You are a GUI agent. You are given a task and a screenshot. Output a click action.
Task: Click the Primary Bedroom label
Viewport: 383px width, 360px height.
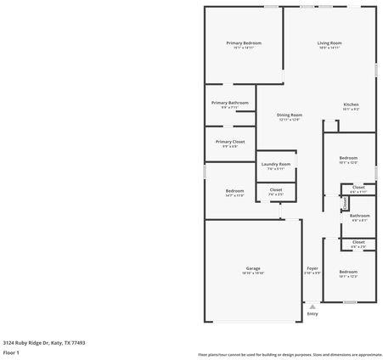click(243, 42)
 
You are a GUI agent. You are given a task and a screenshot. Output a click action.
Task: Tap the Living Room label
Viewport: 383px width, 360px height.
click(329, 42)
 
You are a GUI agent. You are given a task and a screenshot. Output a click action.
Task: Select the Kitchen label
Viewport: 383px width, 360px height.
click(351, 104)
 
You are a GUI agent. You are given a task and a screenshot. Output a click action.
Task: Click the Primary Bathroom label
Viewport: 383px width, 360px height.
click(229, 103)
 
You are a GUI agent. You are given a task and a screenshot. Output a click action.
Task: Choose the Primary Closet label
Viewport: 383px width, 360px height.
click(229, 142)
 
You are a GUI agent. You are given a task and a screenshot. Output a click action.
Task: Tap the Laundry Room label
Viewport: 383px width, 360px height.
click(276, 164)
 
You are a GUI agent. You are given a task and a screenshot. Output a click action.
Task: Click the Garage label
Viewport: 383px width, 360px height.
click(252, 268)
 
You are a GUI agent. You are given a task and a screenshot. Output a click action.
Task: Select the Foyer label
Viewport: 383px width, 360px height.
click(313, 268)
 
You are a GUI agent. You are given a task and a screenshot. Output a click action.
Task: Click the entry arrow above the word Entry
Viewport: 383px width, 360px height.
click(313, 306)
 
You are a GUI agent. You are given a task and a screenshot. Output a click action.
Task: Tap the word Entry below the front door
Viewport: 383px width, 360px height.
click(313, 313)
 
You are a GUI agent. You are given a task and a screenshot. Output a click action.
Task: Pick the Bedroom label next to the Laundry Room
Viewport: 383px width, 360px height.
click(234, 191)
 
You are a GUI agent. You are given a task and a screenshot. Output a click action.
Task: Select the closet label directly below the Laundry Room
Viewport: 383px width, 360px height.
click(276, 189)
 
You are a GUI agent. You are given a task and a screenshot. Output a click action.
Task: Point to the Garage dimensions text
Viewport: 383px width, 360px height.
click(252, 273)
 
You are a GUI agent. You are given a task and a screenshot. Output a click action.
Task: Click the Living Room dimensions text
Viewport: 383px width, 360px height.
click(329, 48)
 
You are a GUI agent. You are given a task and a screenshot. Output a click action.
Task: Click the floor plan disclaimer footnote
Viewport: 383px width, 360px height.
click(290, 354)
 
